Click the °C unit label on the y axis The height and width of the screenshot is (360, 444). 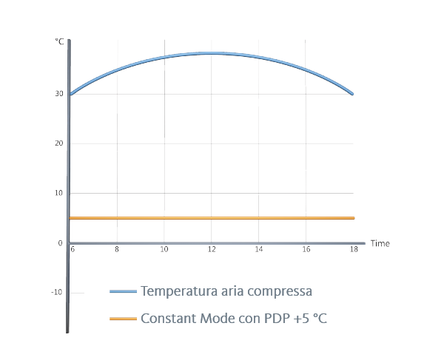pos(59,42)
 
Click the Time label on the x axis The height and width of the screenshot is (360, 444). pos(380,243)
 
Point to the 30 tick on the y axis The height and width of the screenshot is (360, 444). pos(58,94)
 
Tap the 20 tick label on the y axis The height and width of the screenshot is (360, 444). pos(58,143)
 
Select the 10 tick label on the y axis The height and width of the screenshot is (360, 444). pos(58,193)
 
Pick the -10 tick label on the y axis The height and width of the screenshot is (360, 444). pos(57,293)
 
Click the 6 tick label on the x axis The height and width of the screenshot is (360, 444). pos(73,250)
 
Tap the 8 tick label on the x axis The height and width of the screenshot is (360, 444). pos(117,250)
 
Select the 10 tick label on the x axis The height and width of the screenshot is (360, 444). pos(164,250)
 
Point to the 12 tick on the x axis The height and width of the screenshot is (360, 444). pos(212,250)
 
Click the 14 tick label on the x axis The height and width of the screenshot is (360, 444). pos(259,250)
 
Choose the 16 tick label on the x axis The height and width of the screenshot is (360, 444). pos(306,250)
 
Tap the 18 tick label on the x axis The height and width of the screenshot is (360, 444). pos(354,250)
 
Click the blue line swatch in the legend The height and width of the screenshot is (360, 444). pos(123,291)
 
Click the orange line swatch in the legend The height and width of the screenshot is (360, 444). pos(123,318)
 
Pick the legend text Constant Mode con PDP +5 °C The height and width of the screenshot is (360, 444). pos(233,319)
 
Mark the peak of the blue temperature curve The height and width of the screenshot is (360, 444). pos(212,53)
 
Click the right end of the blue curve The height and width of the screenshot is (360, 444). pos(352,94)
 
